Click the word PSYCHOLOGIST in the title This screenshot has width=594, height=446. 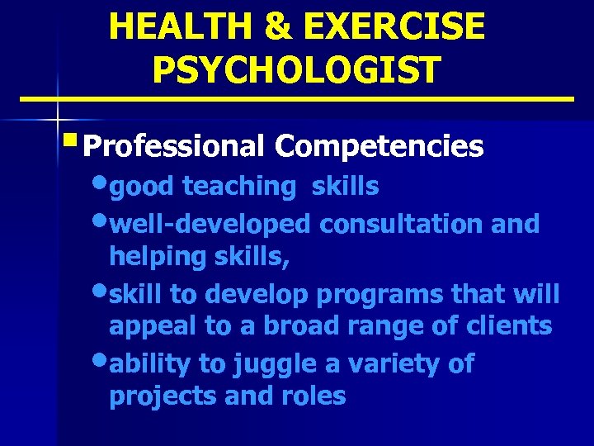point(296,69)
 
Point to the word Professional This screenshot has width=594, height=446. point(173,147)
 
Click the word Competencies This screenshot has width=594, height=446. point(379,147)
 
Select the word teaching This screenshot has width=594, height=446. point(238,187)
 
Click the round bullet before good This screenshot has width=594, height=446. point(101,185)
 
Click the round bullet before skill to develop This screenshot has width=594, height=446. point(101,292)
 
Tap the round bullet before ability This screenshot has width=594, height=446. point(101,361)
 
